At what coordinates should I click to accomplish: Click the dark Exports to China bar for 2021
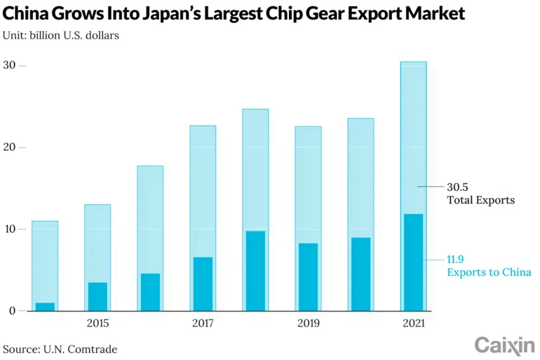coord(413,262)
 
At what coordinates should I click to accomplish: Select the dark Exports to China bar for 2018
coord(255,271)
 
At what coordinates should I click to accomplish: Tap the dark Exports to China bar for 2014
coord(45,307)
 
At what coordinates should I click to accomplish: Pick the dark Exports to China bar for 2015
coord(97,297)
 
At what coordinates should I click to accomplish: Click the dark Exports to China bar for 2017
coord(203,284)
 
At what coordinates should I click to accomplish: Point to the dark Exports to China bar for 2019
coord(308,277)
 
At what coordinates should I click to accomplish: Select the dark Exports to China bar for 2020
coord(360,274)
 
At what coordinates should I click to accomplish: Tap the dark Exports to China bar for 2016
coord(150,292)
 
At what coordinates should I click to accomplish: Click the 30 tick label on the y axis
coord(9,65)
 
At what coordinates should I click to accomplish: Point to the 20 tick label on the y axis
coord(9,147)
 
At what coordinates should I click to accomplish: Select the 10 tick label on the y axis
coord(9,229)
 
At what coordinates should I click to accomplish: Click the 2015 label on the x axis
coord(97,324)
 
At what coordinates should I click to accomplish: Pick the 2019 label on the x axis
coord(308,324)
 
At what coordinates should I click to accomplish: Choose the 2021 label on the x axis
coord(413,324)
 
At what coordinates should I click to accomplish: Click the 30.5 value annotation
coord(457,187)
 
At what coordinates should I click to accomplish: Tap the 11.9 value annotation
coord(457,259)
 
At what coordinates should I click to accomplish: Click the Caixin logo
coord(504,345)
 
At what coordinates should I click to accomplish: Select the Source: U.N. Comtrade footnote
coord(60,349)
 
